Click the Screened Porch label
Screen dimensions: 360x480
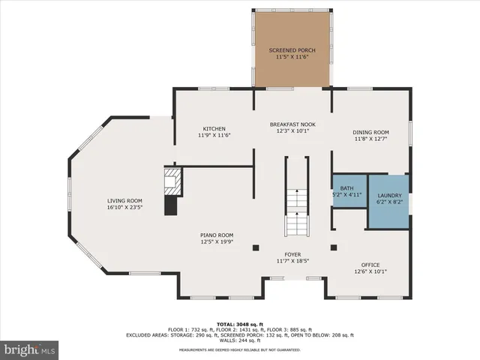[292, 50]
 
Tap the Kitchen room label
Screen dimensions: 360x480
[214, 129]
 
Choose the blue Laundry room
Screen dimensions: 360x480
[388, 200]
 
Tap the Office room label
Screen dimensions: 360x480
[370, 265]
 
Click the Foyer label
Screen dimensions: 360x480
[292, 255]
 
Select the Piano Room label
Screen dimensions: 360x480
[217, 235]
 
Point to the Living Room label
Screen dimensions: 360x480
[124, 201]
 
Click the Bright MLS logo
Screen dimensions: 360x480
[30, 349]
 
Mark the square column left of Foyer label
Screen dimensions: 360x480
[256, 247]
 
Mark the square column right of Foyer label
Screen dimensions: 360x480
[334, 247]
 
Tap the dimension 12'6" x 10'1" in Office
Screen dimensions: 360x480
[370, 271]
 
